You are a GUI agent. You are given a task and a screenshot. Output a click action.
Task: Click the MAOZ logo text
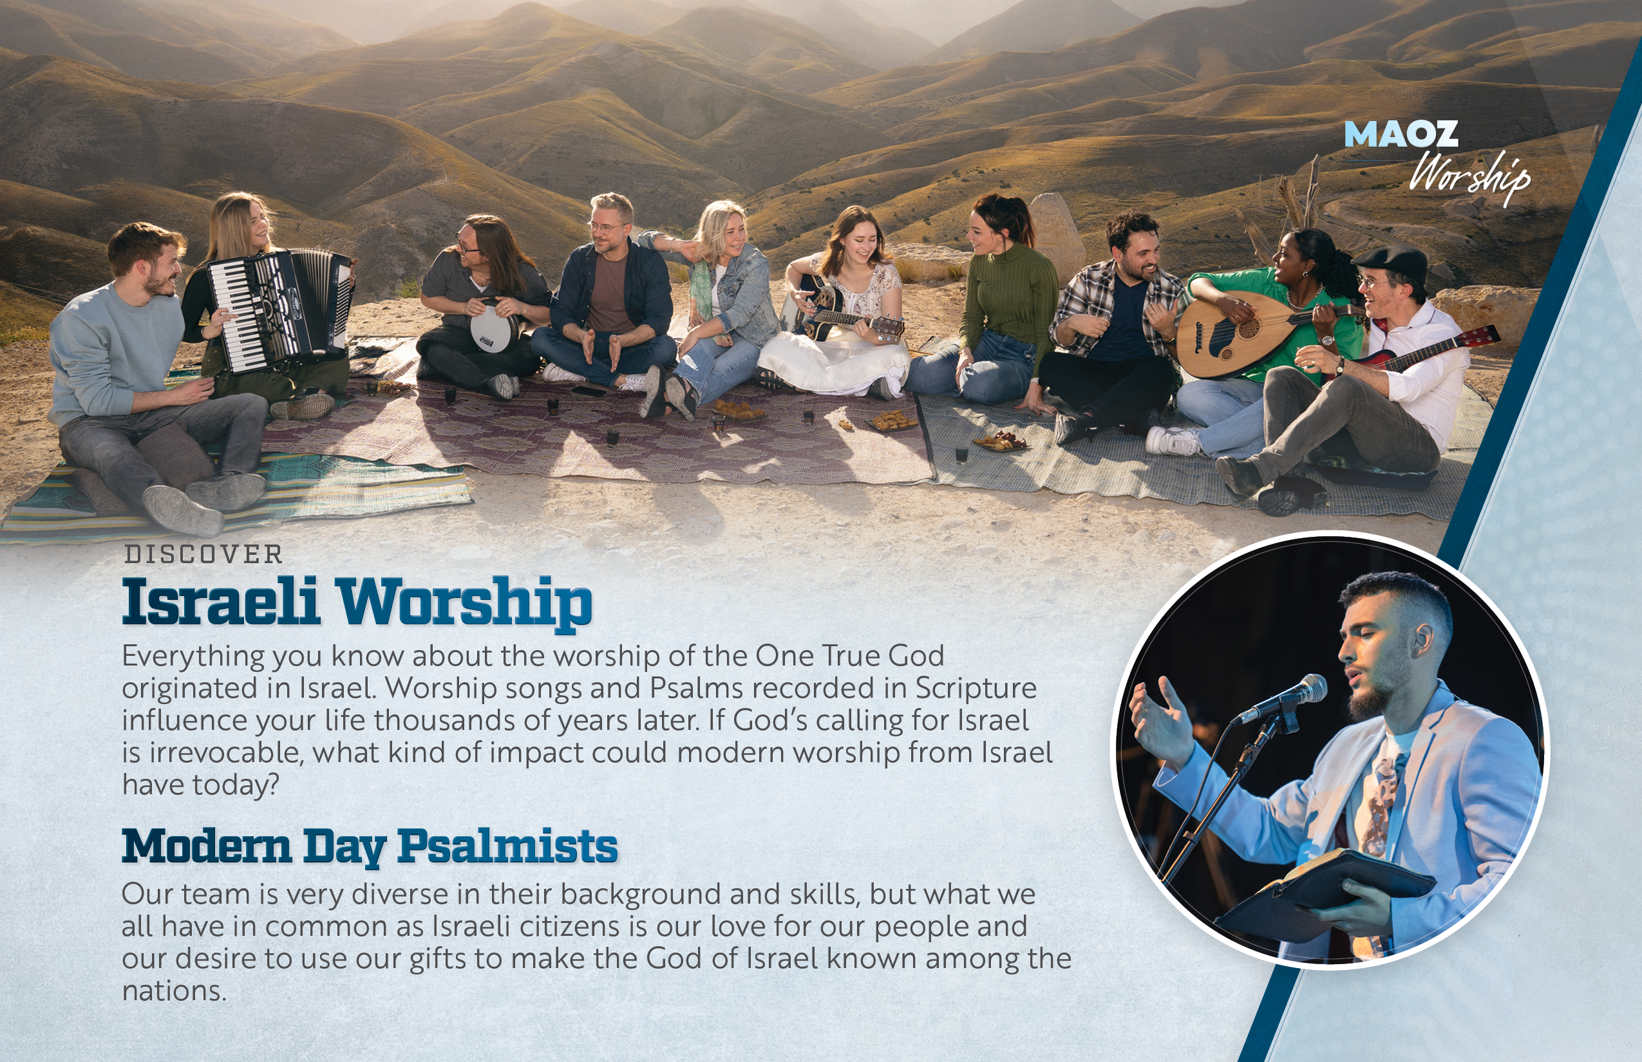[1401, 134]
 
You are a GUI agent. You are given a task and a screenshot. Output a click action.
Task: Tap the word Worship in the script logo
[1469, 176]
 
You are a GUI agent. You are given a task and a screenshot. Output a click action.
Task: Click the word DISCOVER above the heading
[203, 554]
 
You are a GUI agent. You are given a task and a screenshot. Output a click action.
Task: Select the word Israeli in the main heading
[221, 601]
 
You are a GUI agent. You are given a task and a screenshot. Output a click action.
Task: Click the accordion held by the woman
[279, 310]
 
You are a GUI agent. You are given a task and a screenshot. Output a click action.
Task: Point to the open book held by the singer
[1325, 894]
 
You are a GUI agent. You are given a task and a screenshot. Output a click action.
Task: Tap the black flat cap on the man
[1391, 262]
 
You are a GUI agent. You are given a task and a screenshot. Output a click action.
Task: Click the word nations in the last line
[174, 991]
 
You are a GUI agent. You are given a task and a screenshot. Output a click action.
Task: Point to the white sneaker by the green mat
[1173, 441]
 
